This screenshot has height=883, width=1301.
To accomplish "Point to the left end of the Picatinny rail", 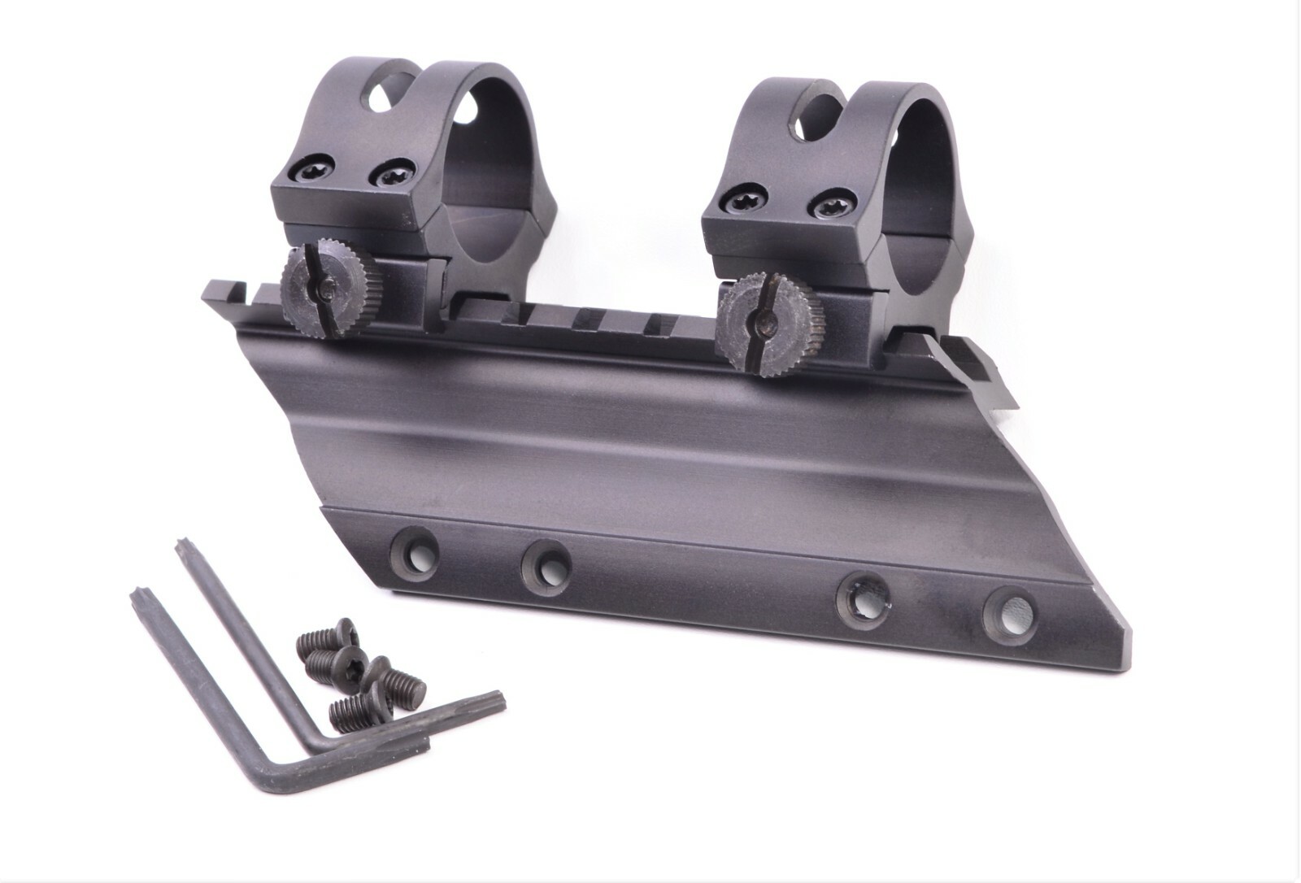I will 213,287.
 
